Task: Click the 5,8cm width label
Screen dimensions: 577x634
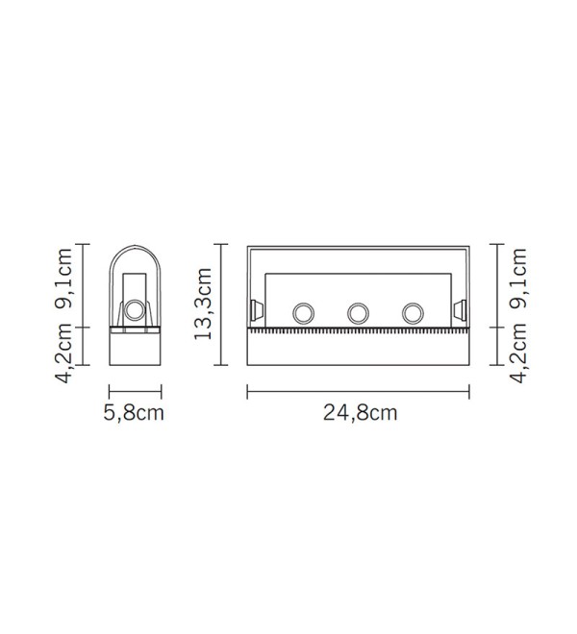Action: point(134,413)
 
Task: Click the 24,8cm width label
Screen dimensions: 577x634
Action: point(360,413)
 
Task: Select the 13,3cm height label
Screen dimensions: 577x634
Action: point(203,304)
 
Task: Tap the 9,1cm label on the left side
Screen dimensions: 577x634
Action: point(63,279)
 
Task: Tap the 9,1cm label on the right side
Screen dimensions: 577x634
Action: point(518,279)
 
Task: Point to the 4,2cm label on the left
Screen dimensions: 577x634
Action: point(63,353)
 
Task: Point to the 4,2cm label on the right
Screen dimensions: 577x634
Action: point(518,353)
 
